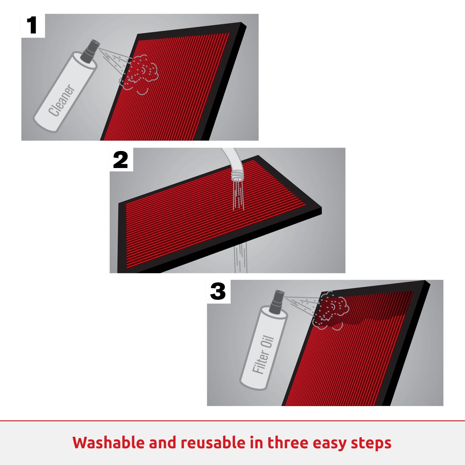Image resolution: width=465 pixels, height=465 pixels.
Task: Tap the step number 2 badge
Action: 121,159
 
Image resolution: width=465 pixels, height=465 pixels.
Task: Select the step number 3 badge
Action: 219,292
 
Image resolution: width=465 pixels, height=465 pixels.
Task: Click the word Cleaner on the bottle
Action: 62,100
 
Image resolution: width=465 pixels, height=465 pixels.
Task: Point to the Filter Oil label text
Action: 263,355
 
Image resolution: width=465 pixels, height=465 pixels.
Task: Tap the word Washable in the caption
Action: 107,442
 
